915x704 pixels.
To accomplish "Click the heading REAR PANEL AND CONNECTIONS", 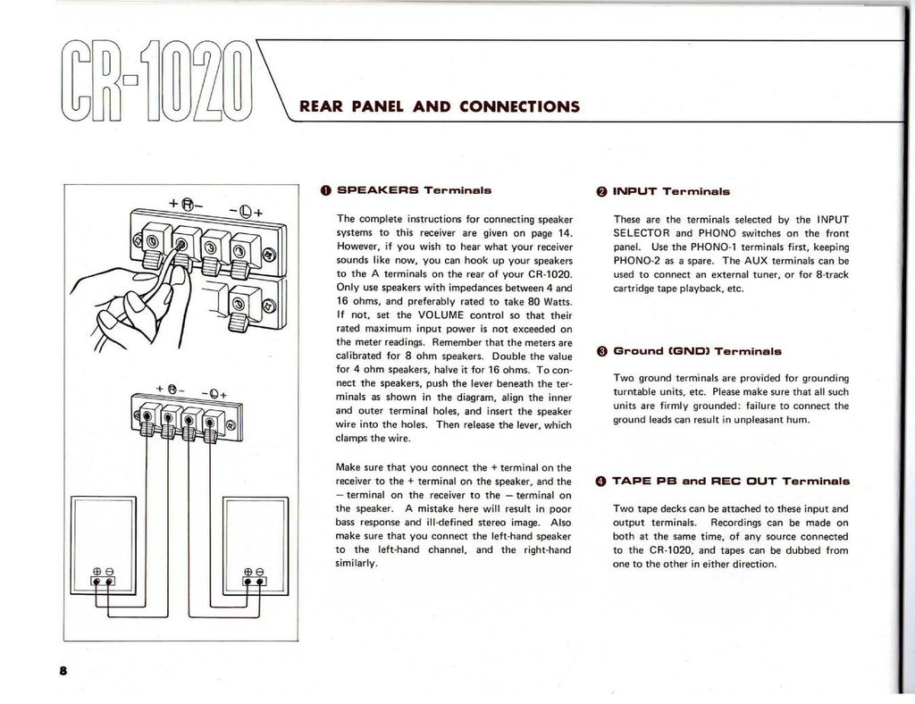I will pyautogui.click(x=440, y=106).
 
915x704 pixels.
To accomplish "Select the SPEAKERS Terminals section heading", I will pyautogui.click(x=414, y=190).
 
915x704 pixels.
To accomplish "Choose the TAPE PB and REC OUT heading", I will pyautogui.click(x=731, y=481).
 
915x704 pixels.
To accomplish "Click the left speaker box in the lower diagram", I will pyautogui.click(x=104, y=545).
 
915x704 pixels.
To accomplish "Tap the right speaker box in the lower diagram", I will pyautogui.click(x=255, y=545).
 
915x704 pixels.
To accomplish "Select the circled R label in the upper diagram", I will pyautogui.click(x=188, y=203).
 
